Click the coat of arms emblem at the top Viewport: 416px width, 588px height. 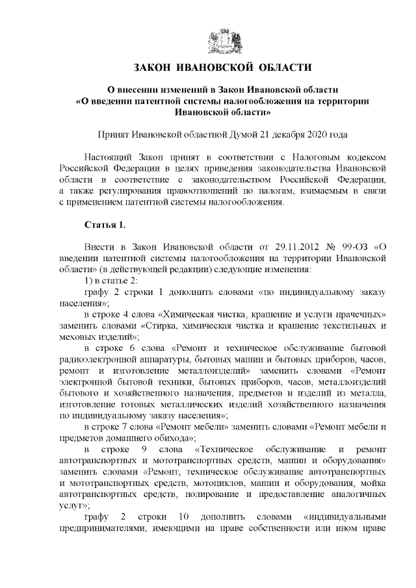(x=222, y=42)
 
